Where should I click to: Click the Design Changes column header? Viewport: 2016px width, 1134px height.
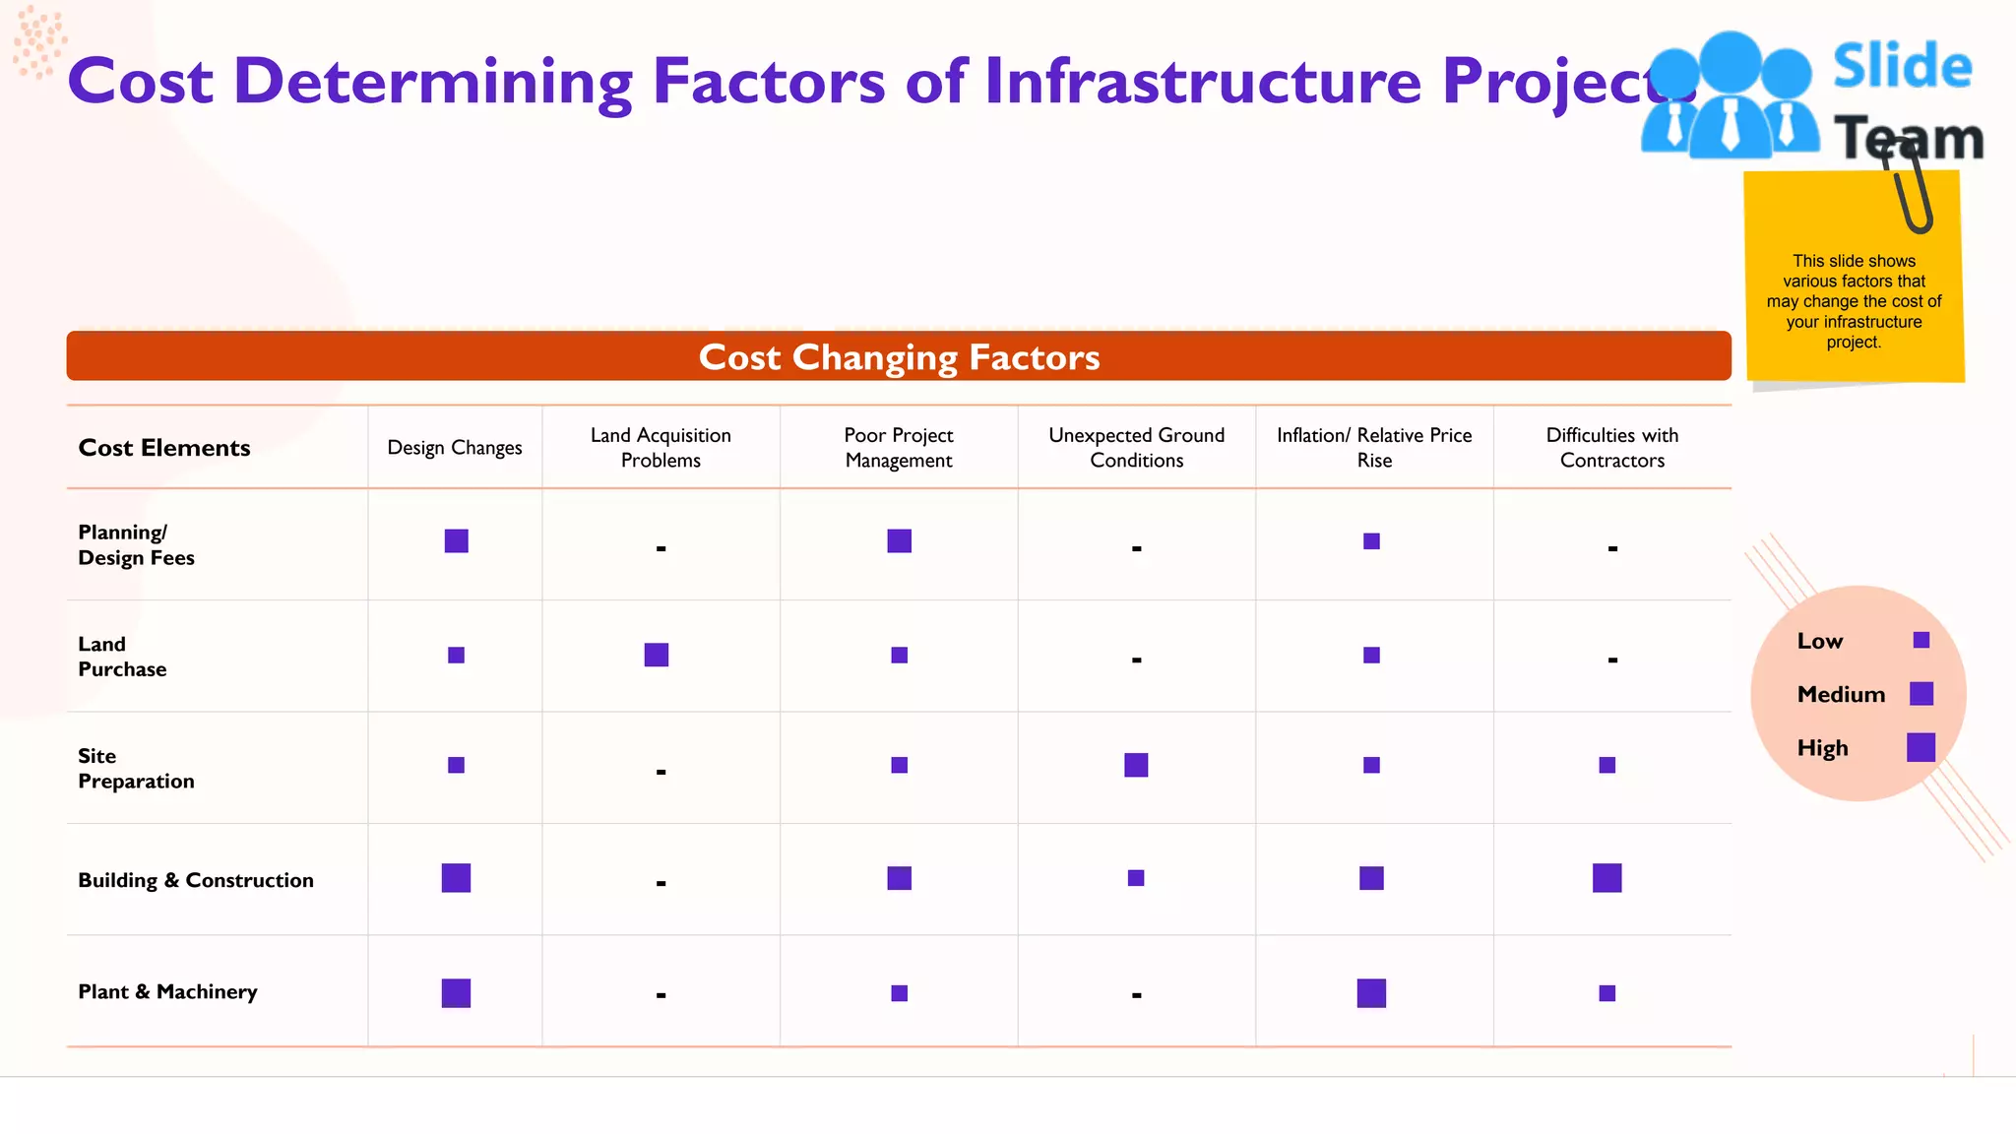[x=455, y=448]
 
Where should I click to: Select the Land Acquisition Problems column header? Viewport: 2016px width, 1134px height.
[x=661, y=448]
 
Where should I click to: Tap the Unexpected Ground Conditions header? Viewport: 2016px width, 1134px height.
[x=1136, y=448]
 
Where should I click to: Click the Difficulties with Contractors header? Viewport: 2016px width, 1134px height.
[x=1611, y=448]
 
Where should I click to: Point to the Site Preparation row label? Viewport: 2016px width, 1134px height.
[x=136, y=769]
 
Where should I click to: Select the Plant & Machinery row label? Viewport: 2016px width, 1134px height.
[x=167, y=992]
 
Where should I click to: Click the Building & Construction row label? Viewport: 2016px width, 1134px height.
[x=196, y=880]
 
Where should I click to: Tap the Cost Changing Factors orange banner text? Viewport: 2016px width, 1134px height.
[x=899, y=357]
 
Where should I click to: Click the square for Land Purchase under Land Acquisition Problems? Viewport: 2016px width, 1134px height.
[x=657, y=655]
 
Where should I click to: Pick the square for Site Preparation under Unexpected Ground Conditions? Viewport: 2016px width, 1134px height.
[x=1136, y=765]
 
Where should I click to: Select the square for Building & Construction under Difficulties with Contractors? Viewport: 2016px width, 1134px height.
[x=1606, y=878]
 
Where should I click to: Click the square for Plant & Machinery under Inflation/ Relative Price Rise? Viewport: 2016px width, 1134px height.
[x=1371, y=993]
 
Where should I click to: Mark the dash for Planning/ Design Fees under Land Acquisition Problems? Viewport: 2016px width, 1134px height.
[x=661, y=548]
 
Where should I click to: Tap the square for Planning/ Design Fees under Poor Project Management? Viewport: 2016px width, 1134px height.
[x=899, y=541]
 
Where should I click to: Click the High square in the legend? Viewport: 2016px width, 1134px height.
[x=1921, y=748]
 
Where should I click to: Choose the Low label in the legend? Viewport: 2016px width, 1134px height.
[x=1819, y=641]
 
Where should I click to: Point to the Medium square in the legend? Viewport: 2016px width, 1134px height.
[x=1921, y=694]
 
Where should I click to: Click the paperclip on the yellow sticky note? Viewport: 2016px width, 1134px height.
[x=1911, y=191]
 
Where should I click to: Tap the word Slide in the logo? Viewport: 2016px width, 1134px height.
[x=1902, y=67]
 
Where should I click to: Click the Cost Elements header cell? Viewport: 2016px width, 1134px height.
[x=164, y=448]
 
